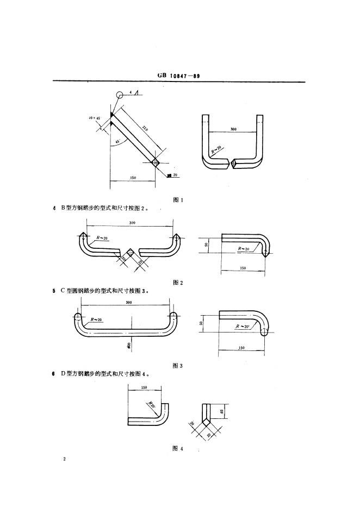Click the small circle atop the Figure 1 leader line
click(x=119, y=95)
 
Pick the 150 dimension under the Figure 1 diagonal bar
click(x=133, y=178)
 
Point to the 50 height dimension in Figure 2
click(x=207, y=245)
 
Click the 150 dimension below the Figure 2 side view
click(x=243, y=268)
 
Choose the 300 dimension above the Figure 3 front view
click(x=129, y=302)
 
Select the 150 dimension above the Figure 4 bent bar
click(x=145, y=387)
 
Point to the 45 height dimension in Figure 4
click(x=223, y=411)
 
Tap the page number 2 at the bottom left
click(x=64, y=460)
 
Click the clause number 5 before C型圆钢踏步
click(x=54, y=291)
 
